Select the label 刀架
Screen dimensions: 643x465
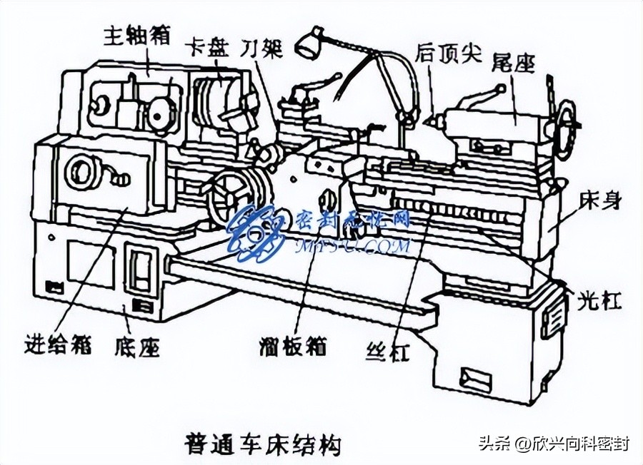[261, 48]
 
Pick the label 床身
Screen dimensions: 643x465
[599, 202]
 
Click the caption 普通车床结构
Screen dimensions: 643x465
[262, 444]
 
